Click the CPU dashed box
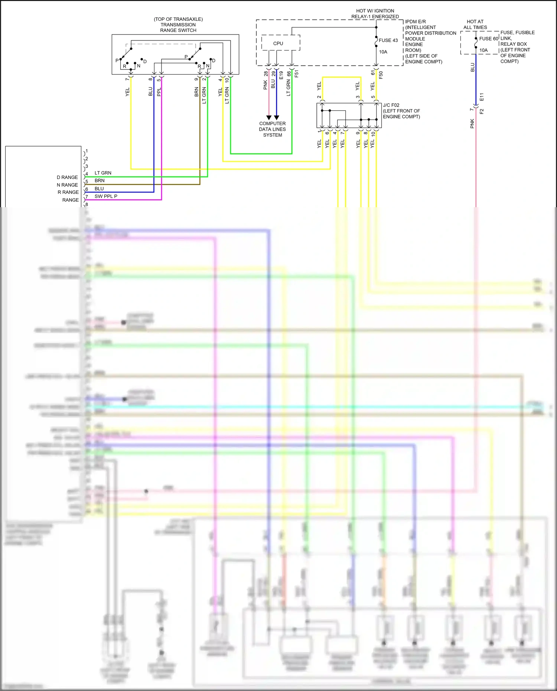pos(280,43)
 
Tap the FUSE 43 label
pos(388,40)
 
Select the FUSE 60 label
pos(488,39)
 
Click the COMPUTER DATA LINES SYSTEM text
pos(273,129)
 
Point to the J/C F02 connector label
pos(391,105)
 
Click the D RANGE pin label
pos(67,177)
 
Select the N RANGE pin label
pos(67,185)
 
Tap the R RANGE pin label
pos(68,192)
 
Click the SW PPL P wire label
pos(106,196)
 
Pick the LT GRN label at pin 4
pos(103,173)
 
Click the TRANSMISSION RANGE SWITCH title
pos(178,25)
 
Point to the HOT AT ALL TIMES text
pos(475,25)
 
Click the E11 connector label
pos(482,97)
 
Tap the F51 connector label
pos(296,74)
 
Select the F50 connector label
pos(381,75)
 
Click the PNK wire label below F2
pos(472,124)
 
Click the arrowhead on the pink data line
pos(269,118)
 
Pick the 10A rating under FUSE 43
pos(383,52)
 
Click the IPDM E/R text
pos(415,22)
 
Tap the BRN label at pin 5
pos(100,181)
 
